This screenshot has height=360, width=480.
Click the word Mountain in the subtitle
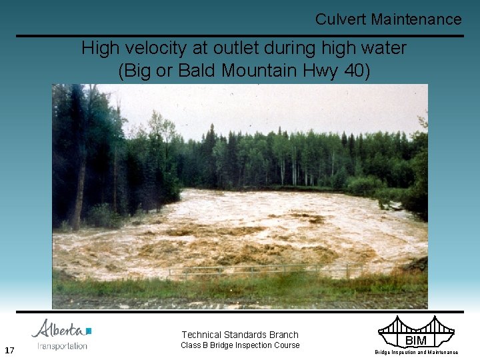pyautogui.click(x=257, y=69)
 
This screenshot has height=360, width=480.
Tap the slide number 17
pyautogui.click(x=9, y=350)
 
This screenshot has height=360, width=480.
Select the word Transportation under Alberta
pyautogui.click(x=63, y=345)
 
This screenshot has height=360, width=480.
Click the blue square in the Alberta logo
pyautogui.click(x=89, y=331)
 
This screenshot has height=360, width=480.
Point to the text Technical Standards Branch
pyautogui.click(x=240, y=335)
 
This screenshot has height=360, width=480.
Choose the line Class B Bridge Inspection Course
pyautogui.click(x=240, y=345)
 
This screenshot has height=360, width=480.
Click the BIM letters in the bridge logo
pyautogui.click(x=415, y=341)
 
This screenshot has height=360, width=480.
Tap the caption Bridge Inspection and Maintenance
pyautogui.click(x=416, y=352)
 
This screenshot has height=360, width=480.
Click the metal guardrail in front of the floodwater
pyautogui.click(x=267, y=270)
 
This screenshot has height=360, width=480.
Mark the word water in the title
pyautogui.click(x=383, y=48)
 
